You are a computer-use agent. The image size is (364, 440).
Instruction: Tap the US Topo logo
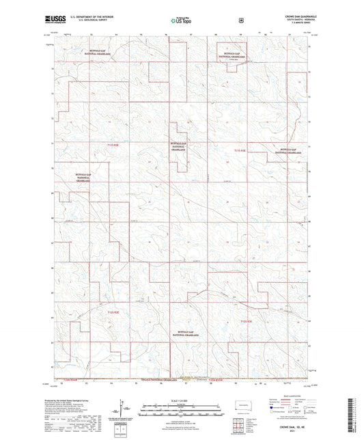click(180, 22)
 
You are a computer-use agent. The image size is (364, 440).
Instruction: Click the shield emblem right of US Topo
click(241, 20)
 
